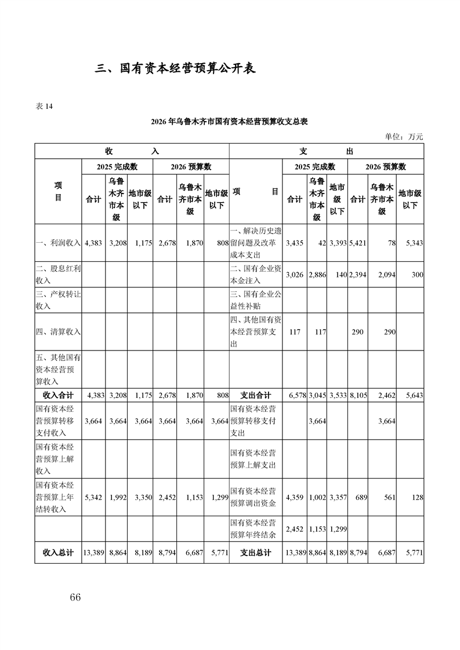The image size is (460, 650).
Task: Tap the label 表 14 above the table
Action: [45, 106]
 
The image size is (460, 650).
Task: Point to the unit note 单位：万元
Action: [404, 137]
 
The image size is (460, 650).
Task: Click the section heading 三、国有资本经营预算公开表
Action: [176, 68]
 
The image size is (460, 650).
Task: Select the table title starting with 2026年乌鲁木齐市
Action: [229, 122]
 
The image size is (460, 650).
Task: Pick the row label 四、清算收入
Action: [58, 332]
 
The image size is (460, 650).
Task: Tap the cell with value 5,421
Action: [357, 243]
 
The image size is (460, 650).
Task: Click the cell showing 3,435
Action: [295, 243]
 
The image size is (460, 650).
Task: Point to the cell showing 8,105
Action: [357, 395]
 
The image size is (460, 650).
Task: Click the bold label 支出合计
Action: [256, 395]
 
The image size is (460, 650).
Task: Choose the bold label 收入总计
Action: [58, 553]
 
